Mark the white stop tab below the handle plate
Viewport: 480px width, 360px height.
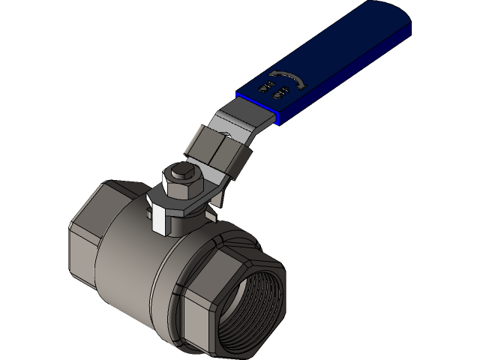pyautogui.click(x=160, y=221)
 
